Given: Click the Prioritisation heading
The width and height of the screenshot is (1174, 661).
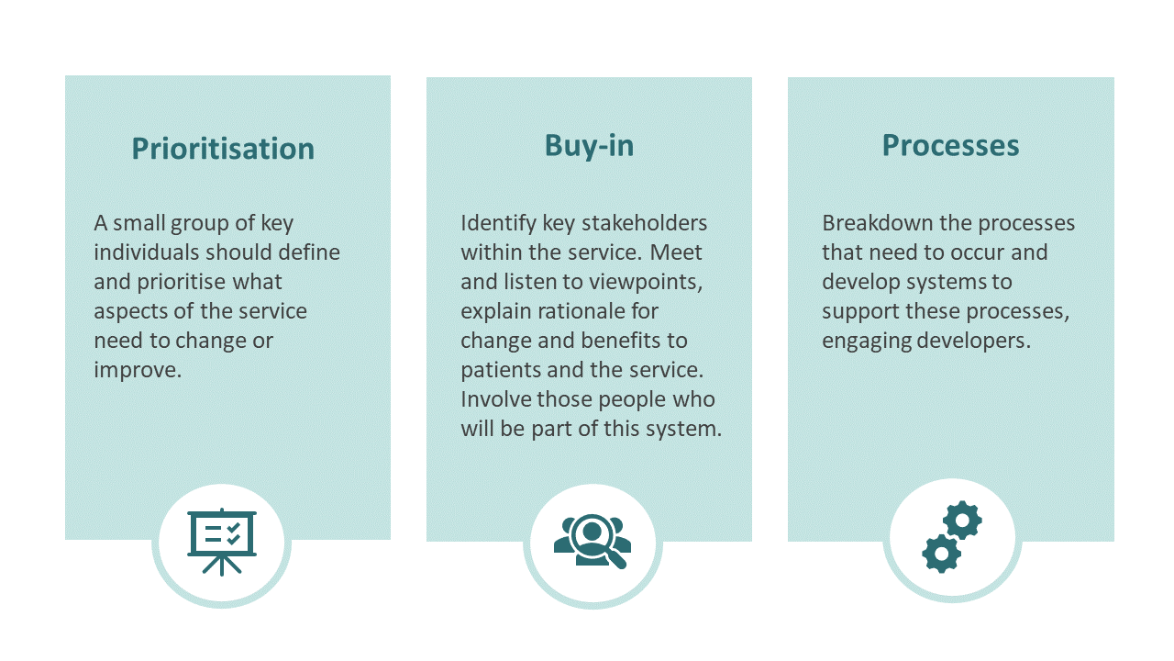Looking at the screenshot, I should pyautogui.click(x=223, y=149).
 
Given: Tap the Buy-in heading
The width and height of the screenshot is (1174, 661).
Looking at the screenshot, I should pyautogui.click(x=589, y=145).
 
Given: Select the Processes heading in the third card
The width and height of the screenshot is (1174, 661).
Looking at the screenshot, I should pyautogui.click(x=950, y=145).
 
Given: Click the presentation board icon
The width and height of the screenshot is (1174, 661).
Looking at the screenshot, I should pyautogui.click(x=221, y=543).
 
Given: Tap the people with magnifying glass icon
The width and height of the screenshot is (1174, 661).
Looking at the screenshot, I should pyautogui.click(x=593, y=541).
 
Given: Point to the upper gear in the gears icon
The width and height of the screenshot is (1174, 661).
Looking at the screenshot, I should pyautogui.click(x=961, y=521).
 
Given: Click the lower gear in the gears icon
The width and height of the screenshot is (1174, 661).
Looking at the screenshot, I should pyautogui.click(x=941, y=553).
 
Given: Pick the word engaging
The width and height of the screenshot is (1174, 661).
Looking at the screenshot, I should pyautogui.click(x=860, y=341).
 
